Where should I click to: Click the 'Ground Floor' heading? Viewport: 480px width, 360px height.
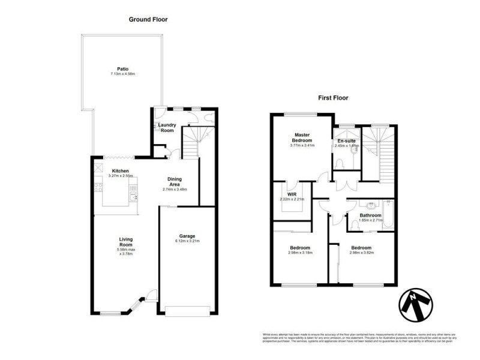point(148,19)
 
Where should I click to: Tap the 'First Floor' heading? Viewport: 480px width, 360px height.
point(332,97)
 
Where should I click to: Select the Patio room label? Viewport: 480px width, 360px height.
point(122,69)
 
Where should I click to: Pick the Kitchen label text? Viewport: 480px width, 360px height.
point(120,170)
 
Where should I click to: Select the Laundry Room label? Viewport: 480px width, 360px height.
point(167,127)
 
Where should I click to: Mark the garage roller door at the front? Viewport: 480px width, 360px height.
point(187,311)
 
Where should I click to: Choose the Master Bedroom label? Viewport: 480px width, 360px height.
point(302,137)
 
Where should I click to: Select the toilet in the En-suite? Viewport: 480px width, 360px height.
point(340,162)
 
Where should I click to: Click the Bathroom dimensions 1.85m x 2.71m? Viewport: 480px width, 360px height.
point(370,220)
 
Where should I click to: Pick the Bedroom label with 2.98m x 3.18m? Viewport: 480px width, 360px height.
point(300,248)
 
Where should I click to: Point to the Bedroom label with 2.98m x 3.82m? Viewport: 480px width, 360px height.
point(361,248)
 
